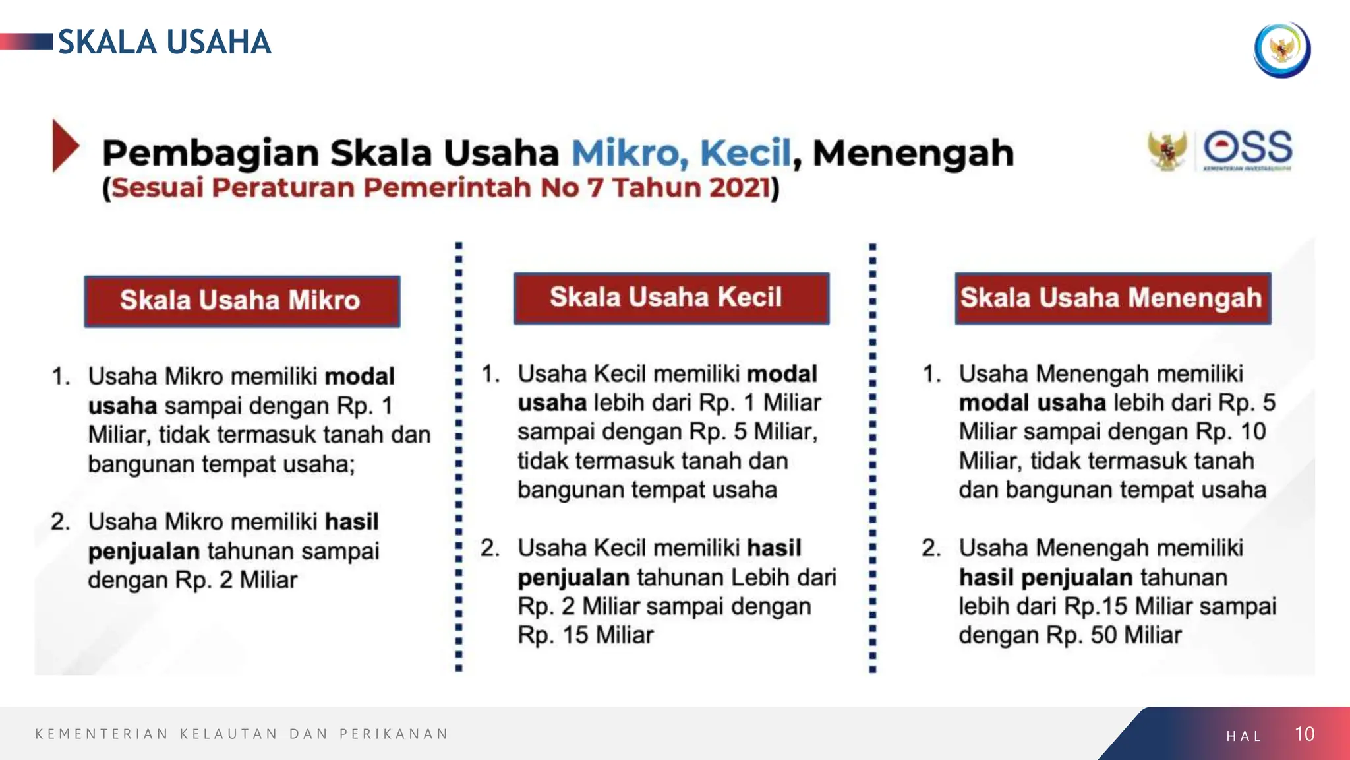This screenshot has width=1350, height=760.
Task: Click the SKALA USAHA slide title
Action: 164,42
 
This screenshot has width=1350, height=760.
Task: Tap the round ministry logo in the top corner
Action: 1281,49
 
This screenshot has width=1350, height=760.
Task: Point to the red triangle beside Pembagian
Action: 65,146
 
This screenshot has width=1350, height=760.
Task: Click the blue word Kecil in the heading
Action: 745,153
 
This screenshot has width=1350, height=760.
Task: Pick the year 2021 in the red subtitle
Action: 738,188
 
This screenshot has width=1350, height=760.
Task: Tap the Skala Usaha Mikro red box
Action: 242,301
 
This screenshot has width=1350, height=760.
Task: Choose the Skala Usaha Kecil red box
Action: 671,298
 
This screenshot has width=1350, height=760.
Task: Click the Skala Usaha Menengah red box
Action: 1113,298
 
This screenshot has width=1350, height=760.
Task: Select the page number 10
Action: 1304,734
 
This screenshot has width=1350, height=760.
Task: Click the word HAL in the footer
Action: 1244,736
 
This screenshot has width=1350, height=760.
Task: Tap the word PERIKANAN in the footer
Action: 394,734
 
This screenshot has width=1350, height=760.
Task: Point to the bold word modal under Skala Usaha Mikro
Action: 360,377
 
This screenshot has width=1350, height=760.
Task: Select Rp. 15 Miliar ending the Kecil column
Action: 585,635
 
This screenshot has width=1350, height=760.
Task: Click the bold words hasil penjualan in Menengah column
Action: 1045,578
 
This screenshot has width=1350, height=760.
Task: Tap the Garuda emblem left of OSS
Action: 1166,150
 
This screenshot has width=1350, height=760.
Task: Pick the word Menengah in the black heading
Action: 913,153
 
